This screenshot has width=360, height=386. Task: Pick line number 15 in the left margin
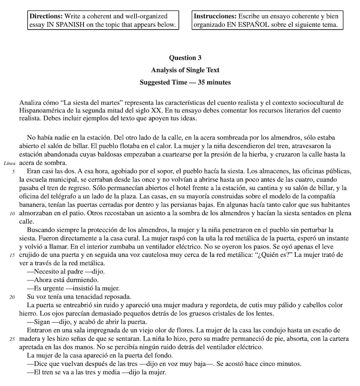click(x=11, y=254)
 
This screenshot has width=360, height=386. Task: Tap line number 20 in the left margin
click(x=11, y=296)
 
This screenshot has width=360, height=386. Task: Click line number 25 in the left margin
click(x=11, y=339)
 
